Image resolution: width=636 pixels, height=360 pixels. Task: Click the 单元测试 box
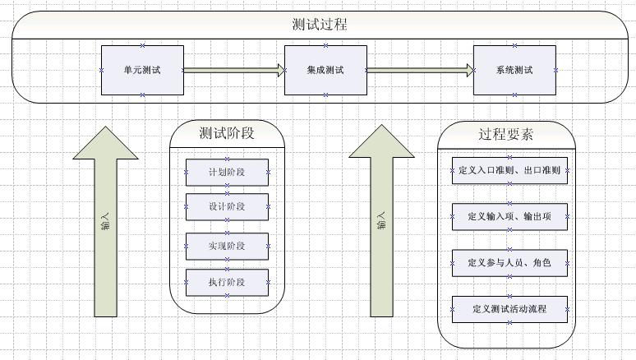tap(142, 70)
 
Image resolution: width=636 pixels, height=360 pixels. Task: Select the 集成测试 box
tap(325, 70)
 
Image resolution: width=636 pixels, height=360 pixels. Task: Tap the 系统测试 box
tap(514, 70)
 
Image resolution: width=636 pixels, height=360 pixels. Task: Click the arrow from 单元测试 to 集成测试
tap(233, 70)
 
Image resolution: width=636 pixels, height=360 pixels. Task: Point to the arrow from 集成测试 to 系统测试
tap(420, 70)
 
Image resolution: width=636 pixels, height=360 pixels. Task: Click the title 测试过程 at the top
tap(319, 25)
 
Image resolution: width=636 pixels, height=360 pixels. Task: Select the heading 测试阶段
tap(227, 132)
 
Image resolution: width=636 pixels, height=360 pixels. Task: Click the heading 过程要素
tap(506, 134)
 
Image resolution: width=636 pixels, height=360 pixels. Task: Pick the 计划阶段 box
tap(227, 173)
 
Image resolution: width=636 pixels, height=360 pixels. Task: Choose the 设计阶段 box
tap(227, 207)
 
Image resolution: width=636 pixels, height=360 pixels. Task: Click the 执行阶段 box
tap(227, 283)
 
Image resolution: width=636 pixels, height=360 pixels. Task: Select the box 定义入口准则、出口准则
tap(509, 171)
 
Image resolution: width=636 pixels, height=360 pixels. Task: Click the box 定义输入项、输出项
tap(509, 216)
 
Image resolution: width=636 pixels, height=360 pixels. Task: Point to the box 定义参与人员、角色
tap(509, 263)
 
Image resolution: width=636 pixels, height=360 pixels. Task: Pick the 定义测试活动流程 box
tap(509, 309)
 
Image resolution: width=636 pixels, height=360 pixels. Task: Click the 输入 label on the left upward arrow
tap(105, 222)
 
